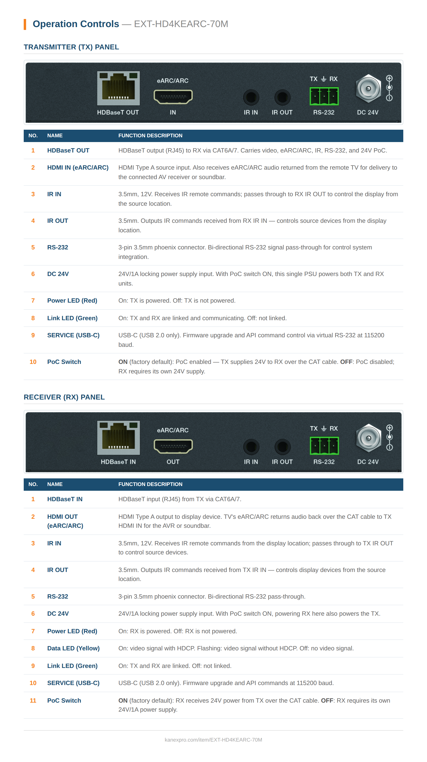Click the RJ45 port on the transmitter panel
(118, 88)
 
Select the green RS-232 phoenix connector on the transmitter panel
(324, 96)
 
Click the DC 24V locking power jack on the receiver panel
(368, 438)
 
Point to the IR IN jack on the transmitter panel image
(251, 97)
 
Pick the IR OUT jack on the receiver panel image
(282, 447)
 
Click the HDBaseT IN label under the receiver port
(118, 462)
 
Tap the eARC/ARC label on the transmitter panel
(172, 81)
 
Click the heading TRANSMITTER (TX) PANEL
(71, 47)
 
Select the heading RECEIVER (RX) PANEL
(64, 397)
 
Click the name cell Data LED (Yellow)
(73, 648)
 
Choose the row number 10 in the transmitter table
(33, 362)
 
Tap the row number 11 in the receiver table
(33, 700)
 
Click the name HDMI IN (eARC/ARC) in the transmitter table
(78, 167)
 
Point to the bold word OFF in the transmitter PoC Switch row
(346, 362)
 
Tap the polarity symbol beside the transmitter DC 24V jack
(389, 88)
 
